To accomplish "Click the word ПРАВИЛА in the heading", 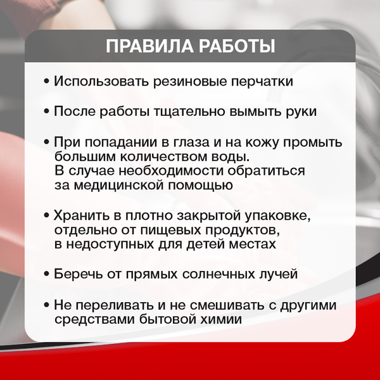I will pos(142,47).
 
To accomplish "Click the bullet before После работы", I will pos(46,112).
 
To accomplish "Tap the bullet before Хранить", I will pos(46,215).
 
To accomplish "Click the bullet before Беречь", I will pos(46,274).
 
